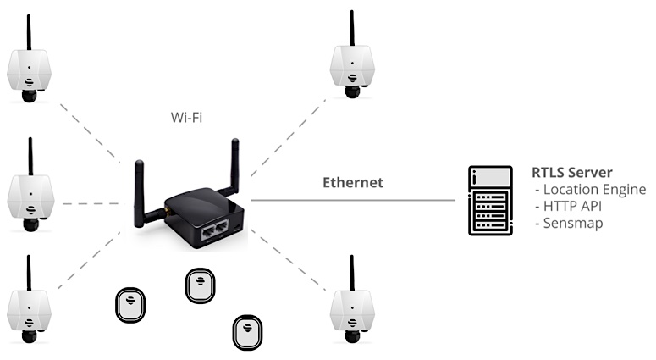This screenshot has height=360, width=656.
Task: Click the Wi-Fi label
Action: pos(186,117)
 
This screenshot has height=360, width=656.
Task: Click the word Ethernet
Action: pos(353,182)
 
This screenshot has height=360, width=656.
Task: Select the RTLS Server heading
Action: pos(572,173)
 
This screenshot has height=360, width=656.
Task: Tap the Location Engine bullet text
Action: pos(591,190)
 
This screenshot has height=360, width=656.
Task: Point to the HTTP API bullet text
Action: pos(568,207)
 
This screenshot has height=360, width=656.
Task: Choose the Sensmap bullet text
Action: pos(569,223)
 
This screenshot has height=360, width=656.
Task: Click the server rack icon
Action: pos(490,201)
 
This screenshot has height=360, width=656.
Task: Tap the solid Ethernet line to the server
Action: pos(353,200)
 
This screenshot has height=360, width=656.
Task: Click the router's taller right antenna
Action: pos(234,168)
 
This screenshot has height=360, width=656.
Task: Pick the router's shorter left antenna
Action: pos(140,192)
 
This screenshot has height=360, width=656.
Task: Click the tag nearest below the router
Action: pos(201,286)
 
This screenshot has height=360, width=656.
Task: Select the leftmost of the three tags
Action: pos(130,305)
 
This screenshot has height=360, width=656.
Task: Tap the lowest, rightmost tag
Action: pos(248,333)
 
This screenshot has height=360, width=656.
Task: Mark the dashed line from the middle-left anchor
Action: pos(94,204)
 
